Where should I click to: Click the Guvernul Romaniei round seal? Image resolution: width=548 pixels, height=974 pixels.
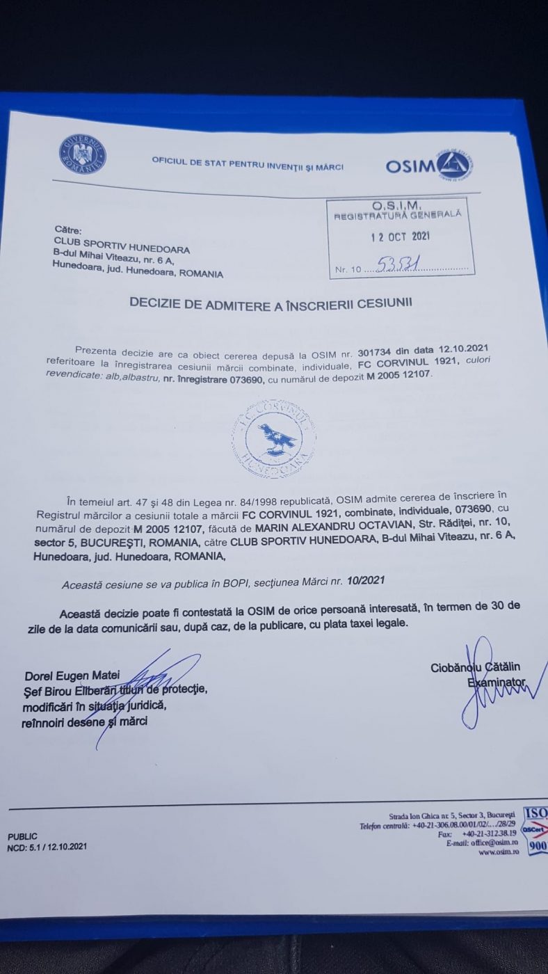83,154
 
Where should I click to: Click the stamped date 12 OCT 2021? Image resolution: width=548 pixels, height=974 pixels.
400,236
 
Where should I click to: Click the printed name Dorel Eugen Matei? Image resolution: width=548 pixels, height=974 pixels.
72,675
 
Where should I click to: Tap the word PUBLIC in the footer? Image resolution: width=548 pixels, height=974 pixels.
22,836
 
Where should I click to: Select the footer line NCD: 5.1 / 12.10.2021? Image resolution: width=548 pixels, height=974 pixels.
47,847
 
